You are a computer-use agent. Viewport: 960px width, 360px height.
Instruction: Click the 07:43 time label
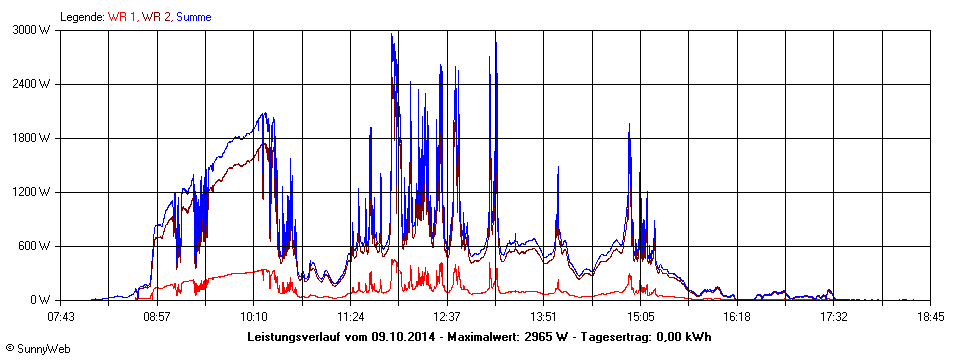tap(61, 317)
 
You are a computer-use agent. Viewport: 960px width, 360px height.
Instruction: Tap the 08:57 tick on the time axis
tap(158, 317)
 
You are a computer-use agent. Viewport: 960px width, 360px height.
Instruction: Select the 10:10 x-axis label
tap(254, 317)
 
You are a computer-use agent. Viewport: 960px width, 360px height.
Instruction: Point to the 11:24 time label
tap(351, 317)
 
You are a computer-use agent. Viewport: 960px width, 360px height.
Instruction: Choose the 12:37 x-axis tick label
tap(447, 317)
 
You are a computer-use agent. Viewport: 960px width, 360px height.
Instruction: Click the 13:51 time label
tap(544, 317)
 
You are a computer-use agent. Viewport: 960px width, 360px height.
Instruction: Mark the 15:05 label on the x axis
tap(640, 317)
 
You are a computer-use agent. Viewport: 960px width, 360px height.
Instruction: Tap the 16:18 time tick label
tap(737, 317)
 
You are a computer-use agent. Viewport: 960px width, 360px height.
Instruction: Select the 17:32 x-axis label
tap(833, 317)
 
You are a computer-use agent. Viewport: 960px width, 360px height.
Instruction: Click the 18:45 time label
tap(930, 317)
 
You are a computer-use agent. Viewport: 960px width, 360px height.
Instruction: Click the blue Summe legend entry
tap(193, 17)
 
